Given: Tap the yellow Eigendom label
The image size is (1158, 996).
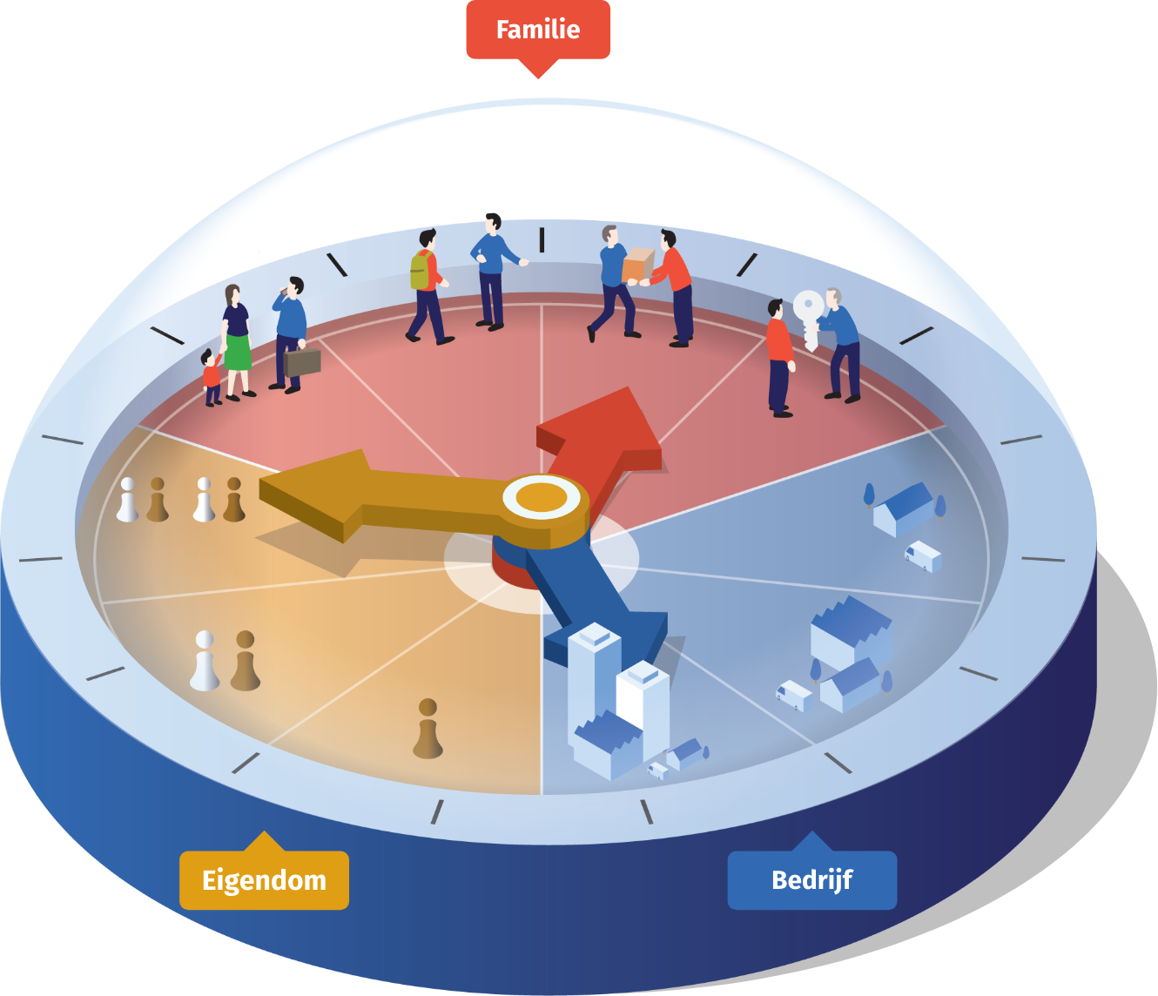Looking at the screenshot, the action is [x=264, y=879].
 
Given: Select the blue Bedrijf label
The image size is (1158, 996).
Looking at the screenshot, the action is [x=811, y=879].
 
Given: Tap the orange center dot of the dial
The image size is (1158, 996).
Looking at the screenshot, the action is [x=542, y=497].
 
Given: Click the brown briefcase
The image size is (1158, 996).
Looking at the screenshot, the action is [x=302, y=360].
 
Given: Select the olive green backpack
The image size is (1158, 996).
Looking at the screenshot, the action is [x=421, y=270].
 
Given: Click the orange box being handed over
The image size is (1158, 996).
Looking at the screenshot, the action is [x=638, y=265].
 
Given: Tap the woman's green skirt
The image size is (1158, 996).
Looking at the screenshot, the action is [x=238, y=352].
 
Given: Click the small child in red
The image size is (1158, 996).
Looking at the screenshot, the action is [x=212, y=378].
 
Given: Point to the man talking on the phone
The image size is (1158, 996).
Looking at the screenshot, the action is [x=290, y=335].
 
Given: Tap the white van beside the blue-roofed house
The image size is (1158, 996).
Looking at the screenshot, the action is [x=923, y=556].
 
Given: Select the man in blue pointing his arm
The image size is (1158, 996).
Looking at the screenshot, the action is [x=495, y=273].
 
